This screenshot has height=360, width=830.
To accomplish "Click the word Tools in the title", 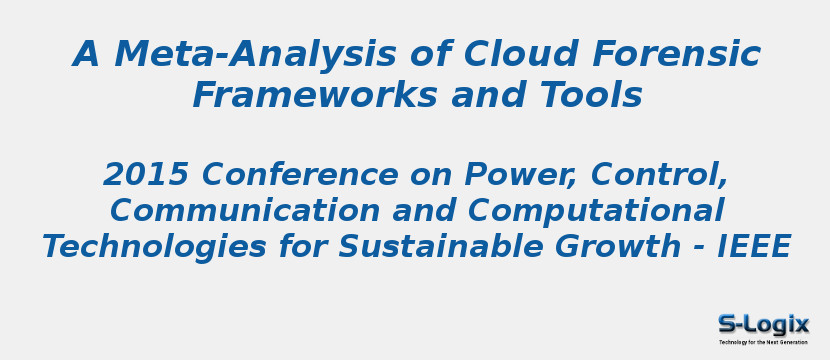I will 589,96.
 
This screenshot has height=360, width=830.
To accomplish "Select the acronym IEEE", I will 755,246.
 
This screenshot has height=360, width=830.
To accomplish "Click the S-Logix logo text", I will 763,324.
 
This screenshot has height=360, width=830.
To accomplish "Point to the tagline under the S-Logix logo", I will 763,342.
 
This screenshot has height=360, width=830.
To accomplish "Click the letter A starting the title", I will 88,54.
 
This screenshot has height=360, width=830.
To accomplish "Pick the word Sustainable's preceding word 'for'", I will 359,246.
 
